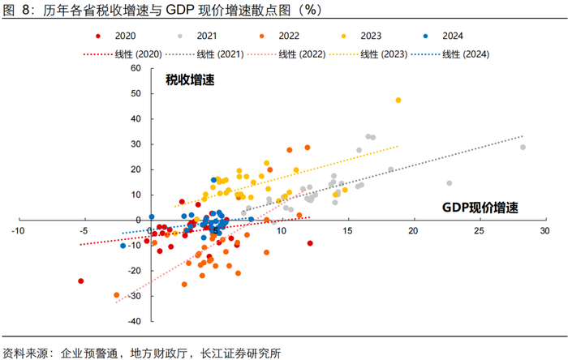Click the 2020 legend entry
(118, 37)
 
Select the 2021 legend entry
(200, 37)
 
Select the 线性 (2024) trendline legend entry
(454, 54)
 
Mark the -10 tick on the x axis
(17, 232)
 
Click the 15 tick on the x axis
(347, 232)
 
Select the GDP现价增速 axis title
(480, 208)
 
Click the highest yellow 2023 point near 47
(398, 101)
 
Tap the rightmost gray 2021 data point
(523, 148)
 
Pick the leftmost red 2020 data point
(80, 281)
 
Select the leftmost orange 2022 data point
(116, 295)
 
